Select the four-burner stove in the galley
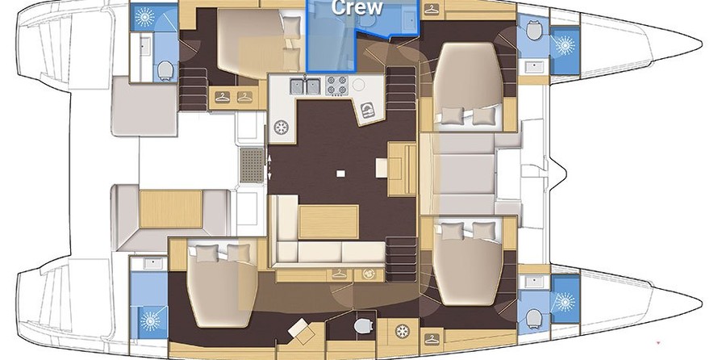pos(335,84)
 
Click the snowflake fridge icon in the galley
pos(282,128)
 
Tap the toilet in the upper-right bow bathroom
pos(533,31)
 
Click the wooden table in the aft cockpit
pos(165,206)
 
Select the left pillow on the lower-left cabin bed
pos(202,254)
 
